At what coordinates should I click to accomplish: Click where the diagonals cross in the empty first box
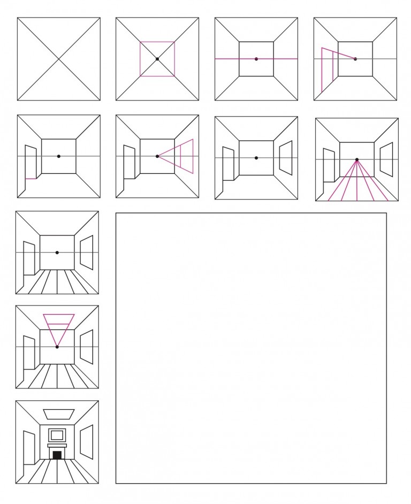point(58,59)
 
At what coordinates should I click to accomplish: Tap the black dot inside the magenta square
point(157,59)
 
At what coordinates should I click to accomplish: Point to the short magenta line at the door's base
point(31,178)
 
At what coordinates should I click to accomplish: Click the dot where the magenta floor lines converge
point(357,159)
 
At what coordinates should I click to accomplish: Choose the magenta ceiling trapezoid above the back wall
point(59,319)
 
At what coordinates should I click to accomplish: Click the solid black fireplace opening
point(57,455)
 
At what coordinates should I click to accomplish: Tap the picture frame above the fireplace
point(57,434)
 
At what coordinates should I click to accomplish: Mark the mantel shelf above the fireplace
point(57,445)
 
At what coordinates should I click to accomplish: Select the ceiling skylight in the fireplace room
point(59,414)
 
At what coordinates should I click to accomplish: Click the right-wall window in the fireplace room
point(86,442)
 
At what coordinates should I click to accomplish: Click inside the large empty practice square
point(251,348)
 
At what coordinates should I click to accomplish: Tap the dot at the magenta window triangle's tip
point(157,156)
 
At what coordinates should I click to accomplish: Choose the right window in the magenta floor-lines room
point(386,159)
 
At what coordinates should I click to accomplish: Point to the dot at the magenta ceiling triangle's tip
point(57,347)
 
